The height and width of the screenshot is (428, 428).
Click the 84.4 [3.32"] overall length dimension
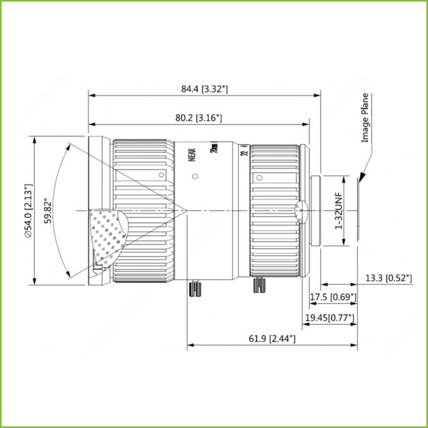click(204, 89)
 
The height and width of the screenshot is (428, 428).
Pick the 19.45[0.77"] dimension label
click(330, 317)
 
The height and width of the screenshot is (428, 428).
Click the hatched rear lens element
click(300, 210)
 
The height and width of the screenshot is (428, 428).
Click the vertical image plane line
click(357, 210)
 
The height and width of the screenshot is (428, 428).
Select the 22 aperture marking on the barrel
click(243, 156)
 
